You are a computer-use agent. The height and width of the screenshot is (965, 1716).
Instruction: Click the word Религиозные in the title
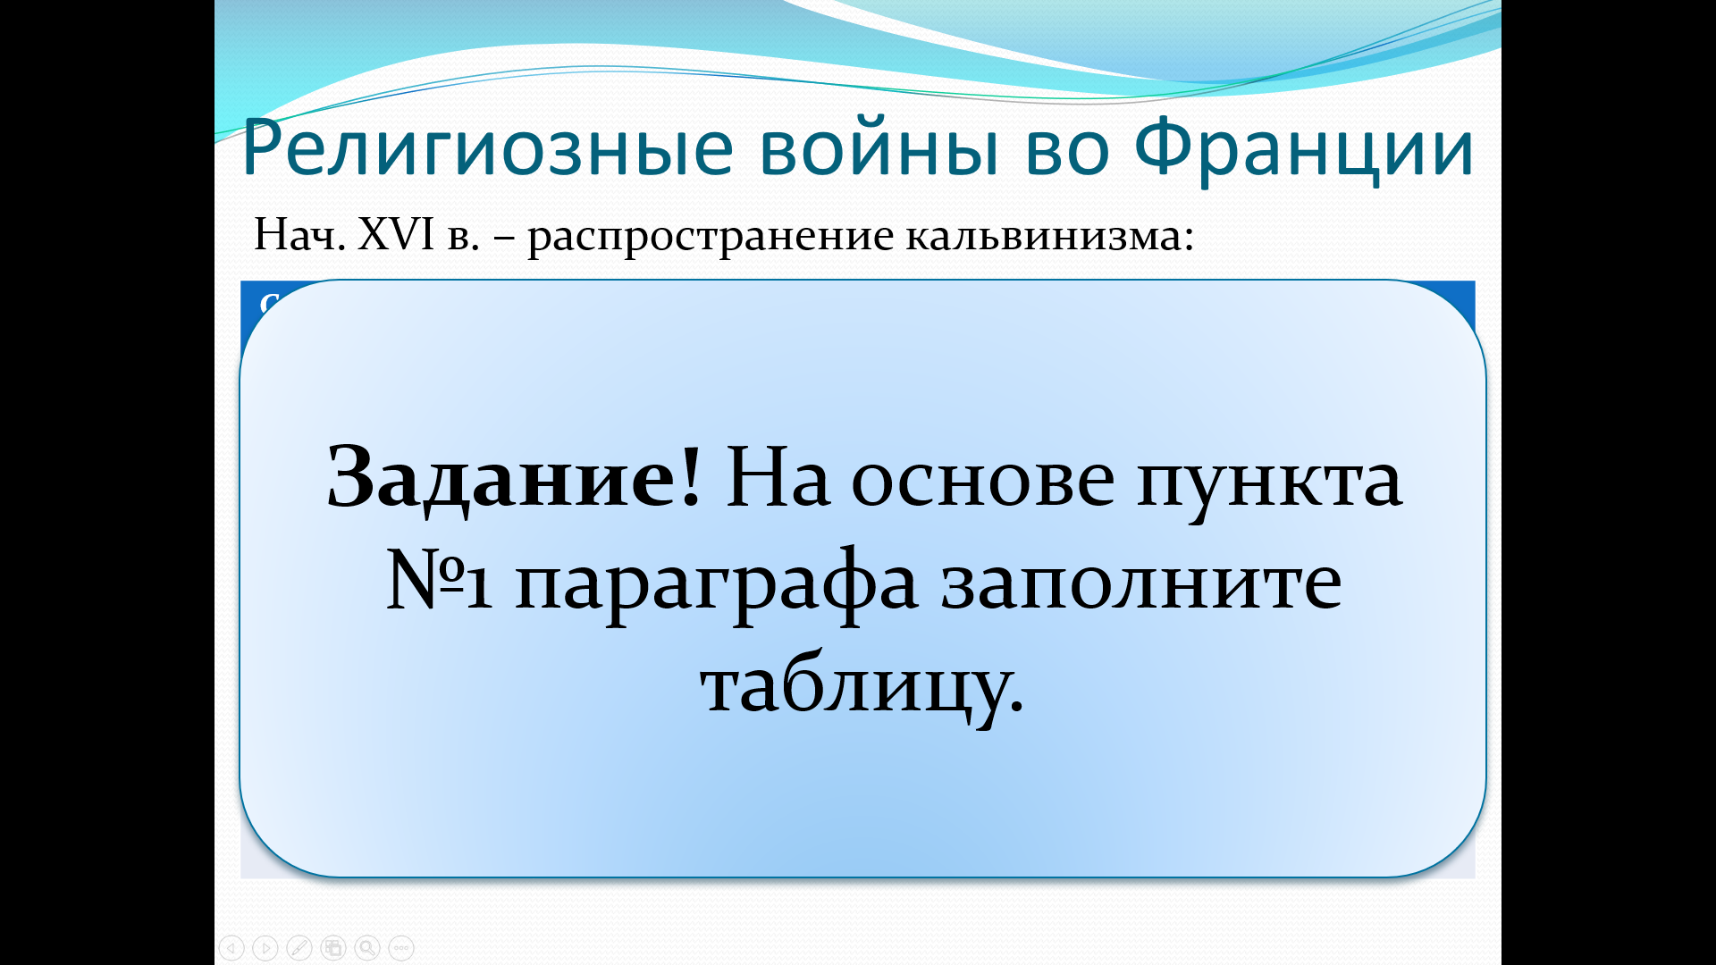point(488,147)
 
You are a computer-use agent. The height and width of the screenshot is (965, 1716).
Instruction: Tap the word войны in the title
point(879,147)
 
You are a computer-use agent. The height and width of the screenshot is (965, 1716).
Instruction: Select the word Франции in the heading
point(1304,147)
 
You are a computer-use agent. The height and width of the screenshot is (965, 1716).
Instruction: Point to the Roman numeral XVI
point(396,234)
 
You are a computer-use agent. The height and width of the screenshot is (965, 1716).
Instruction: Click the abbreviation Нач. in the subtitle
point(299,234)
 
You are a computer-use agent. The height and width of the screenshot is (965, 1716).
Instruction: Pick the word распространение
point(711,238)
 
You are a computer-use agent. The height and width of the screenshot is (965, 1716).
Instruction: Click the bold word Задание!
point(514,479)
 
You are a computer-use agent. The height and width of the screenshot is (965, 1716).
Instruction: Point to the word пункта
point(1269,482)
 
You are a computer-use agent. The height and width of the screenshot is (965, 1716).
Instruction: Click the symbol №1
point(439,581)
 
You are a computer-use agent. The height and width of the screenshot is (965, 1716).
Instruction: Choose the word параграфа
point(717,585)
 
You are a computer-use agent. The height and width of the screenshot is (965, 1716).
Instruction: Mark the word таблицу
point(862,688)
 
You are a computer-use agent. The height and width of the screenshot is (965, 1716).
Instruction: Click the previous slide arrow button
point(231,947)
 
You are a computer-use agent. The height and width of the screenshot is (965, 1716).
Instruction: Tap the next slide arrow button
point(265,947)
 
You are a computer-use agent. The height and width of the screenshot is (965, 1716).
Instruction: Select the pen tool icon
point(299,947)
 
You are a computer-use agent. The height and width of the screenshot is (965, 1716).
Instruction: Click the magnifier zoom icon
point(367,947)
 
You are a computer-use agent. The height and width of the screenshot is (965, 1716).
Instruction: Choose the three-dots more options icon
point(401,947)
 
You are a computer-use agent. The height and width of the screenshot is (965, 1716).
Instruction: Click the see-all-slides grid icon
point(333,947)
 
